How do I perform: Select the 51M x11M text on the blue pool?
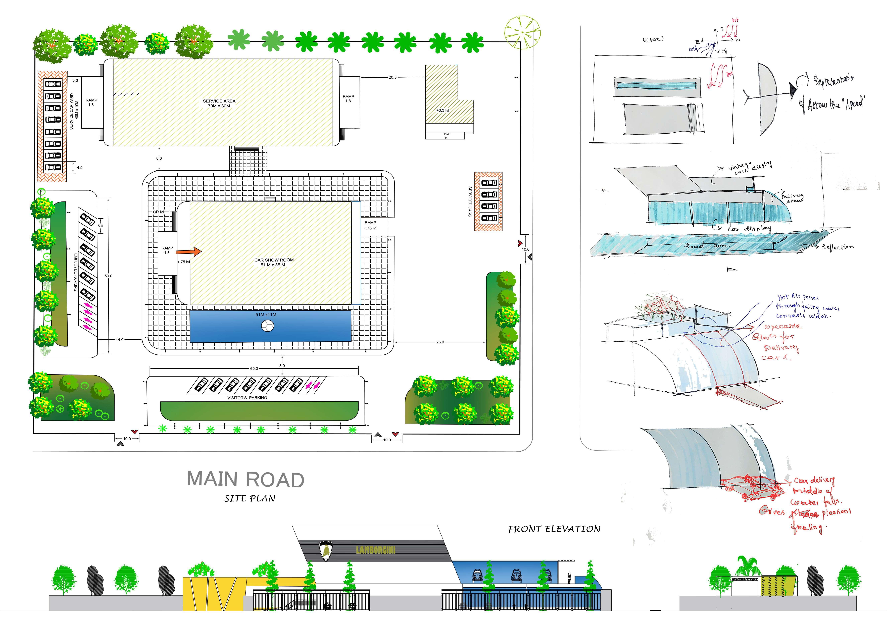coord(266,315)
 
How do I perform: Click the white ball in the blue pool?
coord(267,326)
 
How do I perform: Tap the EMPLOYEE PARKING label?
coord(76,272)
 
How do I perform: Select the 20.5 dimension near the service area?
coord(392,77)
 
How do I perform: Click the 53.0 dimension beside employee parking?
coord(108,276)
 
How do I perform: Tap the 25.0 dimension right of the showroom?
coord(440,342)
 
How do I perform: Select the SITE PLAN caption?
coord(250,498)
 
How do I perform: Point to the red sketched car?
coord(751,489)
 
